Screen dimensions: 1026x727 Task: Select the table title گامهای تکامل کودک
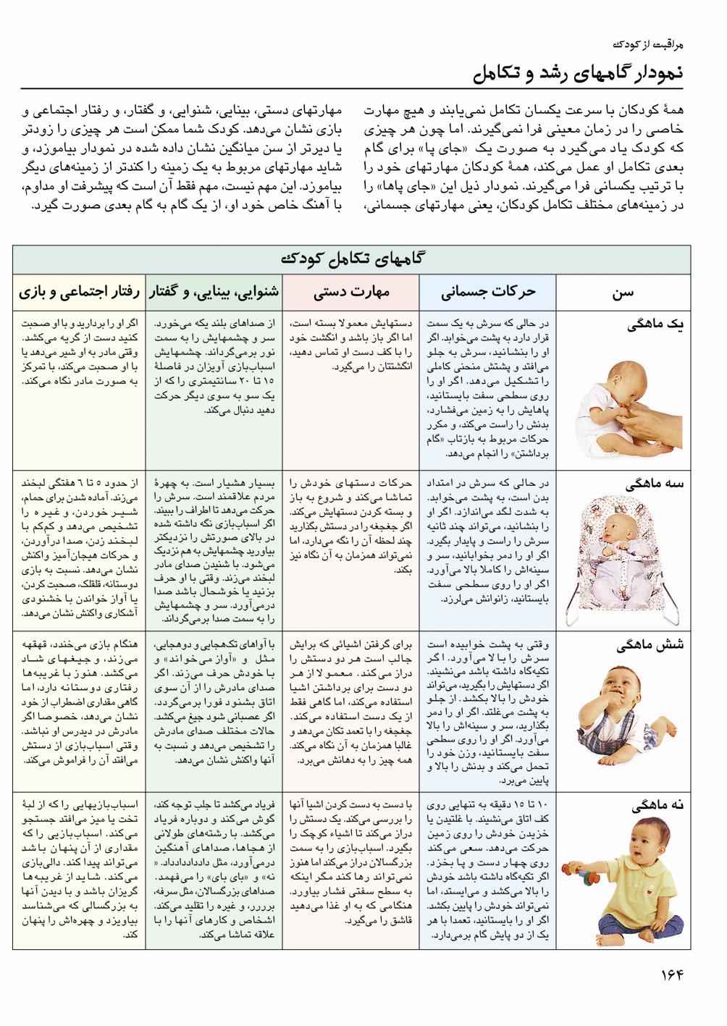point(351,258)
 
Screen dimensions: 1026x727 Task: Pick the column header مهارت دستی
point(351,293)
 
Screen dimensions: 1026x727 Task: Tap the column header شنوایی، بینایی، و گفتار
point(214,293)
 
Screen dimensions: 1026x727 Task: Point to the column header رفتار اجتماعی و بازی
point(78,293)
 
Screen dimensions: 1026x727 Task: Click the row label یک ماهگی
point(657,325)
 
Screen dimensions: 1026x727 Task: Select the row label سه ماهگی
point(657,484)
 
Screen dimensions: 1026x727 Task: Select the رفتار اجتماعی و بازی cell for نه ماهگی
point(78,869)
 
